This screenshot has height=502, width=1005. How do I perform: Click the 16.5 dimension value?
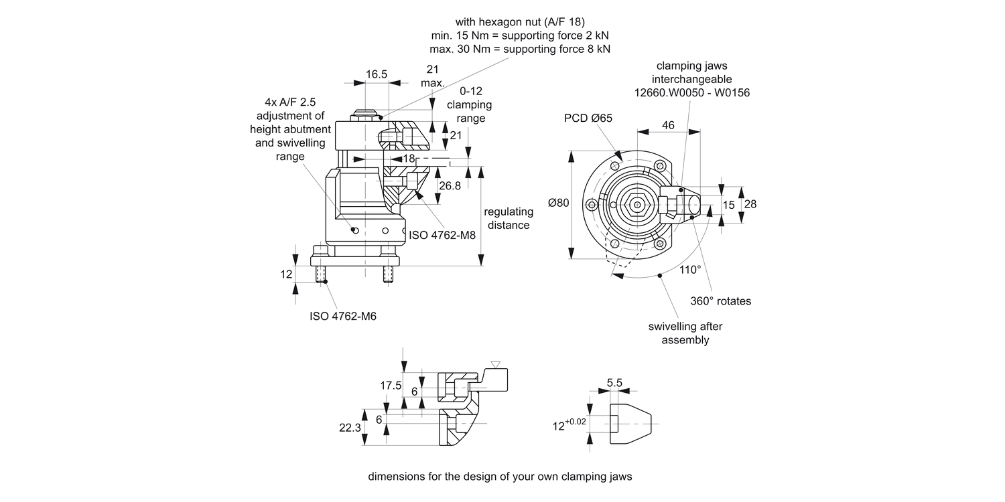(x=376, y=74)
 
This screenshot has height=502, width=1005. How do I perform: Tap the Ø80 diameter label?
(x=559, y=203)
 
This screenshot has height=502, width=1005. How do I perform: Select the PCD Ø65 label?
(x=588, y=118)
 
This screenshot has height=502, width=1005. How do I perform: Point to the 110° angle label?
(x=689, y=269)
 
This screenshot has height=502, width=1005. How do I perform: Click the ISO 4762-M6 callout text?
(x=343, y=316)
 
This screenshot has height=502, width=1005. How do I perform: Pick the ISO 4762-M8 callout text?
(x=442, y=235)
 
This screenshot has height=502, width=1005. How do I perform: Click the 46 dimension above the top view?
(x=668, y=125)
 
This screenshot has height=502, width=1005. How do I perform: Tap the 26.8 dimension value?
(x=450, y=185)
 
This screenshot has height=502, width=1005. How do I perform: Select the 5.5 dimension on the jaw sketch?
(x=614, y=383)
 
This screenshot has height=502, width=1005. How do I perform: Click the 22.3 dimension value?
(x=350, y=428)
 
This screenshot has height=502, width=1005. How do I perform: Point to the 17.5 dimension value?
(x=391, y=386)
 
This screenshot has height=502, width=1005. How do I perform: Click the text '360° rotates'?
(x=720, y=301)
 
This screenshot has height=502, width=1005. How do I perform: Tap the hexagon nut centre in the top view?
(x=637, y=205)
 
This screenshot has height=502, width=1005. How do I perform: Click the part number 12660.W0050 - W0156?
(x=692, y=93)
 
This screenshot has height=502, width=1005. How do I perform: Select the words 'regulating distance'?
(x=509, y=218)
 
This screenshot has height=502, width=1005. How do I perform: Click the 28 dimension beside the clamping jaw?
(x=750, y=204)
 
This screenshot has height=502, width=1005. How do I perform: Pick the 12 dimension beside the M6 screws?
(x=286, y=274)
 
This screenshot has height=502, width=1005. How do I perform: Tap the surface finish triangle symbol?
(x=495, y=364)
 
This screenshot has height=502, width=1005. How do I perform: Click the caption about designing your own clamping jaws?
(x=500, y=477)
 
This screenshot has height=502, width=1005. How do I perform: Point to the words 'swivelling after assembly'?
(x=685, y=333)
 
